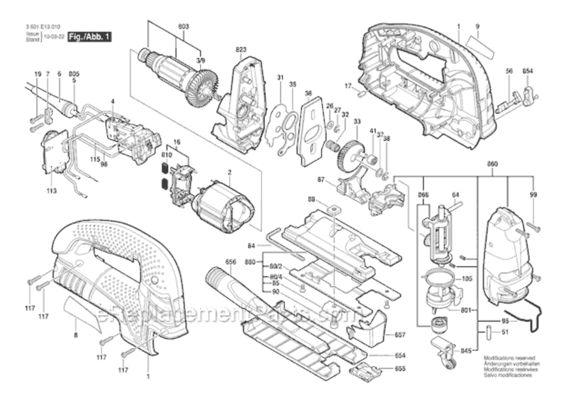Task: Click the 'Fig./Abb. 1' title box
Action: (89, 37)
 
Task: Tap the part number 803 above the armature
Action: (184, 26)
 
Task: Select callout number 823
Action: (242, 49)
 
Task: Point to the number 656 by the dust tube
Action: (230, 262)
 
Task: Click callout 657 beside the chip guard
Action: (400, 335)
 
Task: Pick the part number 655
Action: (400, 369)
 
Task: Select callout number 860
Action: (492, 165)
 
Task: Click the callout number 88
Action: (312, 199)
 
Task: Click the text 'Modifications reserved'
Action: (509, 359)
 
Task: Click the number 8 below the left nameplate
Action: (75, 335)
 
